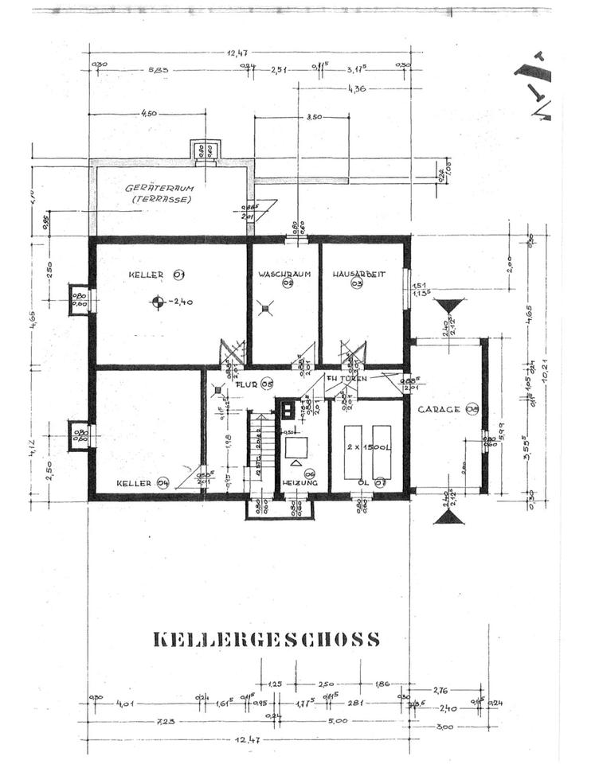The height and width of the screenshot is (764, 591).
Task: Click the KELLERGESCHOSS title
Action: click(x=265, y=640)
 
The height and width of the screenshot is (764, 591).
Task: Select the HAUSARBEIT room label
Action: click(x=359, y=275)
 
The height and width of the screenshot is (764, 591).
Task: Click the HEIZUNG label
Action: click(x=299, y=483)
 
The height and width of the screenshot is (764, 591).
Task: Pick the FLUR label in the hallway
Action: click(x=249, y=384)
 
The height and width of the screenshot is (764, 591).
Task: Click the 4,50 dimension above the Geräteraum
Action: click(x=148, y=114)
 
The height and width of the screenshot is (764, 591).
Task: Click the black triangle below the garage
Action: click(x=450, y=516)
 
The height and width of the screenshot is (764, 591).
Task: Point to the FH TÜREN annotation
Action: click(x=346, y=379)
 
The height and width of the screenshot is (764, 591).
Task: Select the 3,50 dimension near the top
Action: click(x=314, y=117)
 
